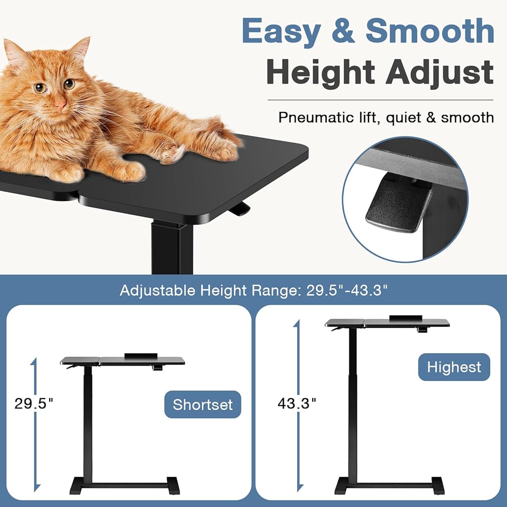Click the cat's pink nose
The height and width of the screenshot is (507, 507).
(x=60, y=104)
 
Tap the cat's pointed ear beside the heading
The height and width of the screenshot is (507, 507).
(x=80, y=49)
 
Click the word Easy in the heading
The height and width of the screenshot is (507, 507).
(x=281, y=31)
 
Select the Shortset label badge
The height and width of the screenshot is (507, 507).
(x=203, y=405)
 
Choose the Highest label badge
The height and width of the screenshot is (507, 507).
(x=454, y=367)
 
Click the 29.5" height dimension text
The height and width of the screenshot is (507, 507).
(x=33, y=404)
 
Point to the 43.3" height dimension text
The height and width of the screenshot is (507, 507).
(x=297, y=403)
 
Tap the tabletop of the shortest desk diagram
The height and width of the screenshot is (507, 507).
(x=123, y=360)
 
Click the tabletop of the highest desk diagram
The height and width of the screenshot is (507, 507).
(x=387, y=322)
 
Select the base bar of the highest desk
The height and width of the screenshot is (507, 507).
(x=389, y=485)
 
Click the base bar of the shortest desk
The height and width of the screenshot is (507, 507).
(x=125, y=485)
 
